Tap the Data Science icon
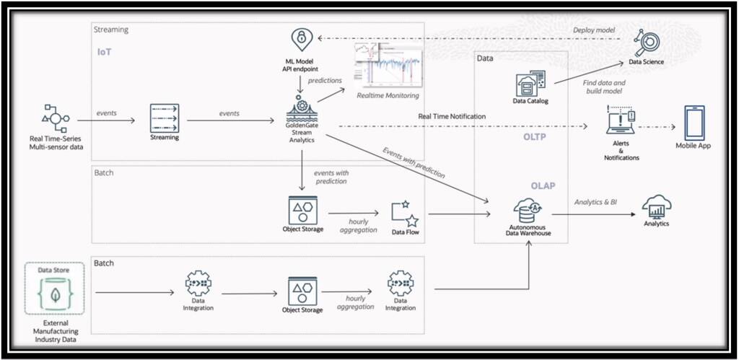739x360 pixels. point(645,43)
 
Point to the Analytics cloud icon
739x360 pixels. point(657,205)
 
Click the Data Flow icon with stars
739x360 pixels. point(406,213)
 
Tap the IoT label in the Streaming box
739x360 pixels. point(105,52)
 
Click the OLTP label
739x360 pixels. point(534,136)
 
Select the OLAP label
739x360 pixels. point(546,185)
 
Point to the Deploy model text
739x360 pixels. point(595,30)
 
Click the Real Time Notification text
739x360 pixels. point(452,116)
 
